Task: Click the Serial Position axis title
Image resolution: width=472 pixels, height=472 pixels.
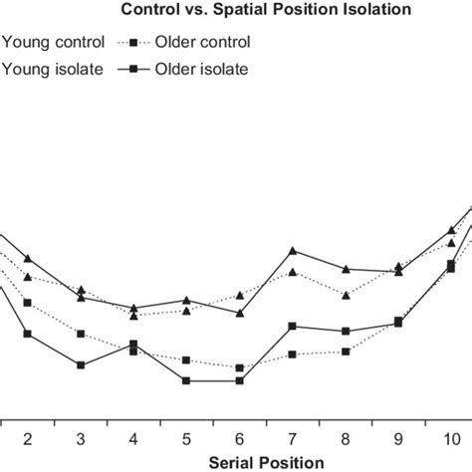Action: (x=266, y=462)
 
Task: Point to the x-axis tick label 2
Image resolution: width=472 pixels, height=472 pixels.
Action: (x=28, y=438)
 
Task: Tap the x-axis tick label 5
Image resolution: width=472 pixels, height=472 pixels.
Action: (x=186, y=438)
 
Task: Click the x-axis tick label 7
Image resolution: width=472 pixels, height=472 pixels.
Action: (x=293, y=438)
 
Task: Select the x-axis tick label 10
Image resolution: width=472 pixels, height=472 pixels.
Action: (x=451, y=438)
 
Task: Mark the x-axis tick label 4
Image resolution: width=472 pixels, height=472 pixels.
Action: (x=133, y=438)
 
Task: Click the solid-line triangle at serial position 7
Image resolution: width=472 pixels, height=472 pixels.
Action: (x=293, y=251)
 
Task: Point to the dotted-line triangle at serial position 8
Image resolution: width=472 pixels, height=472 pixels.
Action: (x=346, y=295)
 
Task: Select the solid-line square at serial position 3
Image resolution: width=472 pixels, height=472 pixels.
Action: (x=81, y=365)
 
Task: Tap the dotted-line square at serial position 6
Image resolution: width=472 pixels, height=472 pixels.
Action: (x=239, y=367)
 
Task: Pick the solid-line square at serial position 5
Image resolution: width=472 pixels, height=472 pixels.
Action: (x=186, y=380)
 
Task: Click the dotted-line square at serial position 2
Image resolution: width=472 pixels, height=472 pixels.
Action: (x=28, y=303)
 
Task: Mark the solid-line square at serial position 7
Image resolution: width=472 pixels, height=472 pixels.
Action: (x=293, y=326)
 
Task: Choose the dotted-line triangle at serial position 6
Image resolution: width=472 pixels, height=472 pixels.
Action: (x=239, y=296)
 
